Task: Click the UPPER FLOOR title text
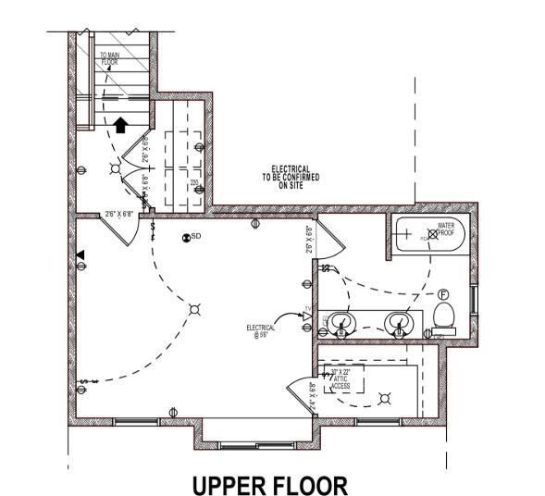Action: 269,484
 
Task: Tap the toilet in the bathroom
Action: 443,316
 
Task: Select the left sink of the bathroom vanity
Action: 341,324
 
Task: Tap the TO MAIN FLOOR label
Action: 109,59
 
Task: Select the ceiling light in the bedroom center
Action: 194,309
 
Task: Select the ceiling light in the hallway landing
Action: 115,168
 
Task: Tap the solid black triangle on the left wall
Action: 80,254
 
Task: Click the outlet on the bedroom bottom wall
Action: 172,411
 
